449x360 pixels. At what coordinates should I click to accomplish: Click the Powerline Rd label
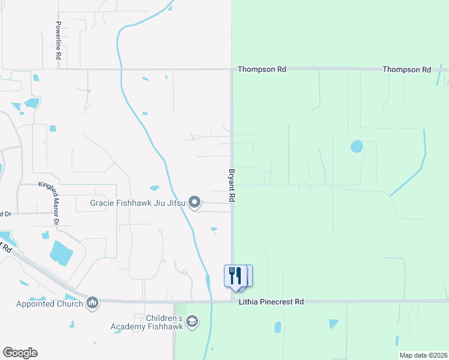58,41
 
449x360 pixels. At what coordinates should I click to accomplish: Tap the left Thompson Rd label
262,70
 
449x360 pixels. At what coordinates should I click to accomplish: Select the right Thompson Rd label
407,70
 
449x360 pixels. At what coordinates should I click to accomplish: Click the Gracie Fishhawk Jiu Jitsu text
137,203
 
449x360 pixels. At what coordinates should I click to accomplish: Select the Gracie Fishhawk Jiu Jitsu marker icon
194,203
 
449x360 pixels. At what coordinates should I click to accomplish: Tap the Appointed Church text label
50,304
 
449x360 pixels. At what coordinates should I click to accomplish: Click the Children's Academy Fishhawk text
146,322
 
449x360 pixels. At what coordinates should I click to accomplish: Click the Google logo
20,353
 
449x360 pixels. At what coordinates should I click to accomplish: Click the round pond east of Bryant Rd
357,146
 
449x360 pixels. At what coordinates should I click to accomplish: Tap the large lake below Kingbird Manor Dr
61,252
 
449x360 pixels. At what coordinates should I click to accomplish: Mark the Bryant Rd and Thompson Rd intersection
232,70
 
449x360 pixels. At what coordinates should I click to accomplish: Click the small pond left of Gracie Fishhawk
154,188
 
